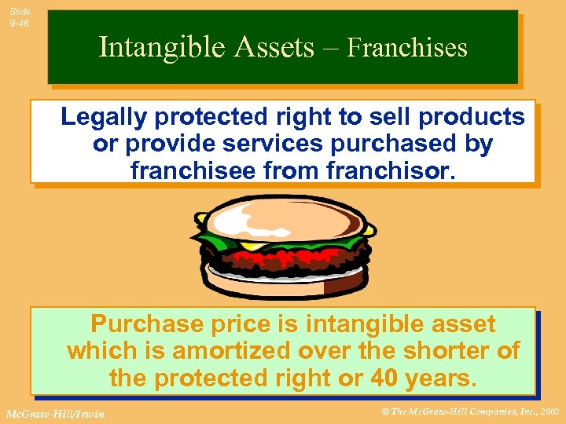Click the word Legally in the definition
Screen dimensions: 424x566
click(x=104, y=117)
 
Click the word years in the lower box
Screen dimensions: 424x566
click(x=437, y=378)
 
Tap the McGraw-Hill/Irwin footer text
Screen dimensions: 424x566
click(x=55, y=413)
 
